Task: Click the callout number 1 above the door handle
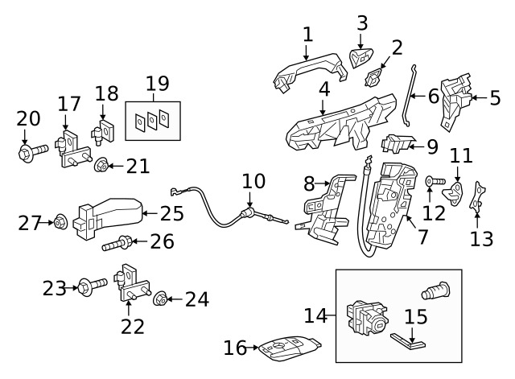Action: click(307, 34)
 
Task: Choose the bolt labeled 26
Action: click(117, 241)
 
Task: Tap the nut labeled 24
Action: click(160, 300)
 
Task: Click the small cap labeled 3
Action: click(360, 57)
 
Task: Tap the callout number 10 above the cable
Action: click(253, 180)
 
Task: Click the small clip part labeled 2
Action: click(375, 79)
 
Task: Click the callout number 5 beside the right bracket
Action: click(495, 98)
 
